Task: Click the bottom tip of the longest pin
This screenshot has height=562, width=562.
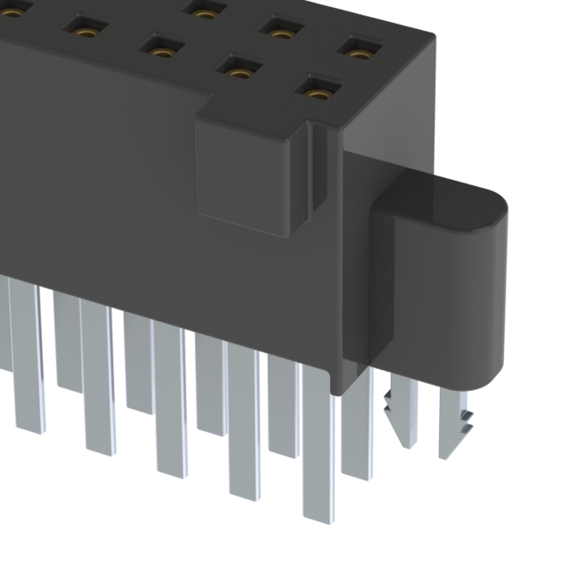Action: pyautogui.click(x=318, y=514)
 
